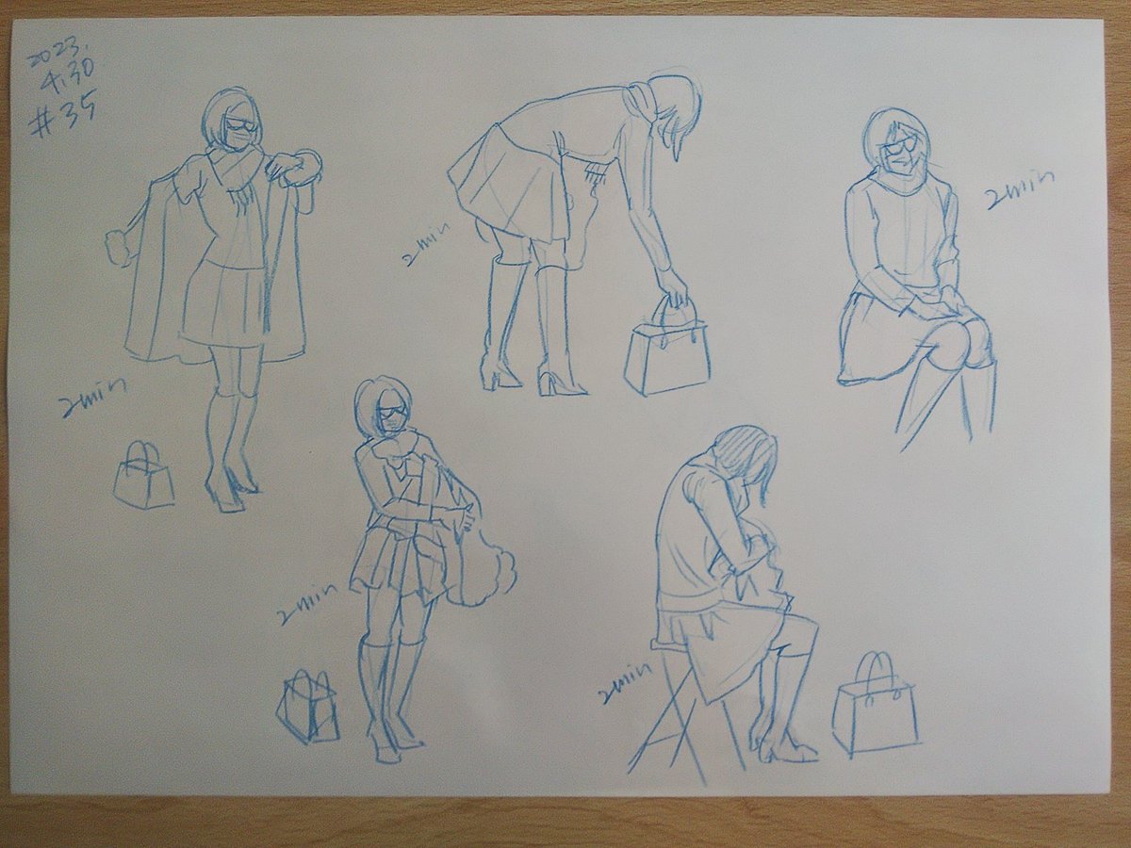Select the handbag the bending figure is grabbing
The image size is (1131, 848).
(x=667, y=353)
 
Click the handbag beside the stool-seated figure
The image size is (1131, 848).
(x=875, y=711)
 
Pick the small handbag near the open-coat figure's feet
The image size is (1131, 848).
(x=144, y=478)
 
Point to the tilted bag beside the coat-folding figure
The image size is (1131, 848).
(x=307, y=708)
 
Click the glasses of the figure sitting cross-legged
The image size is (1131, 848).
(x=900, y=146)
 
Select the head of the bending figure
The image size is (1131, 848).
(x=674, y=108)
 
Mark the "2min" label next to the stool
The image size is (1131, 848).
(x=624, y=685)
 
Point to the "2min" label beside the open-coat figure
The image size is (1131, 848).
(x=91, y=399)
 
